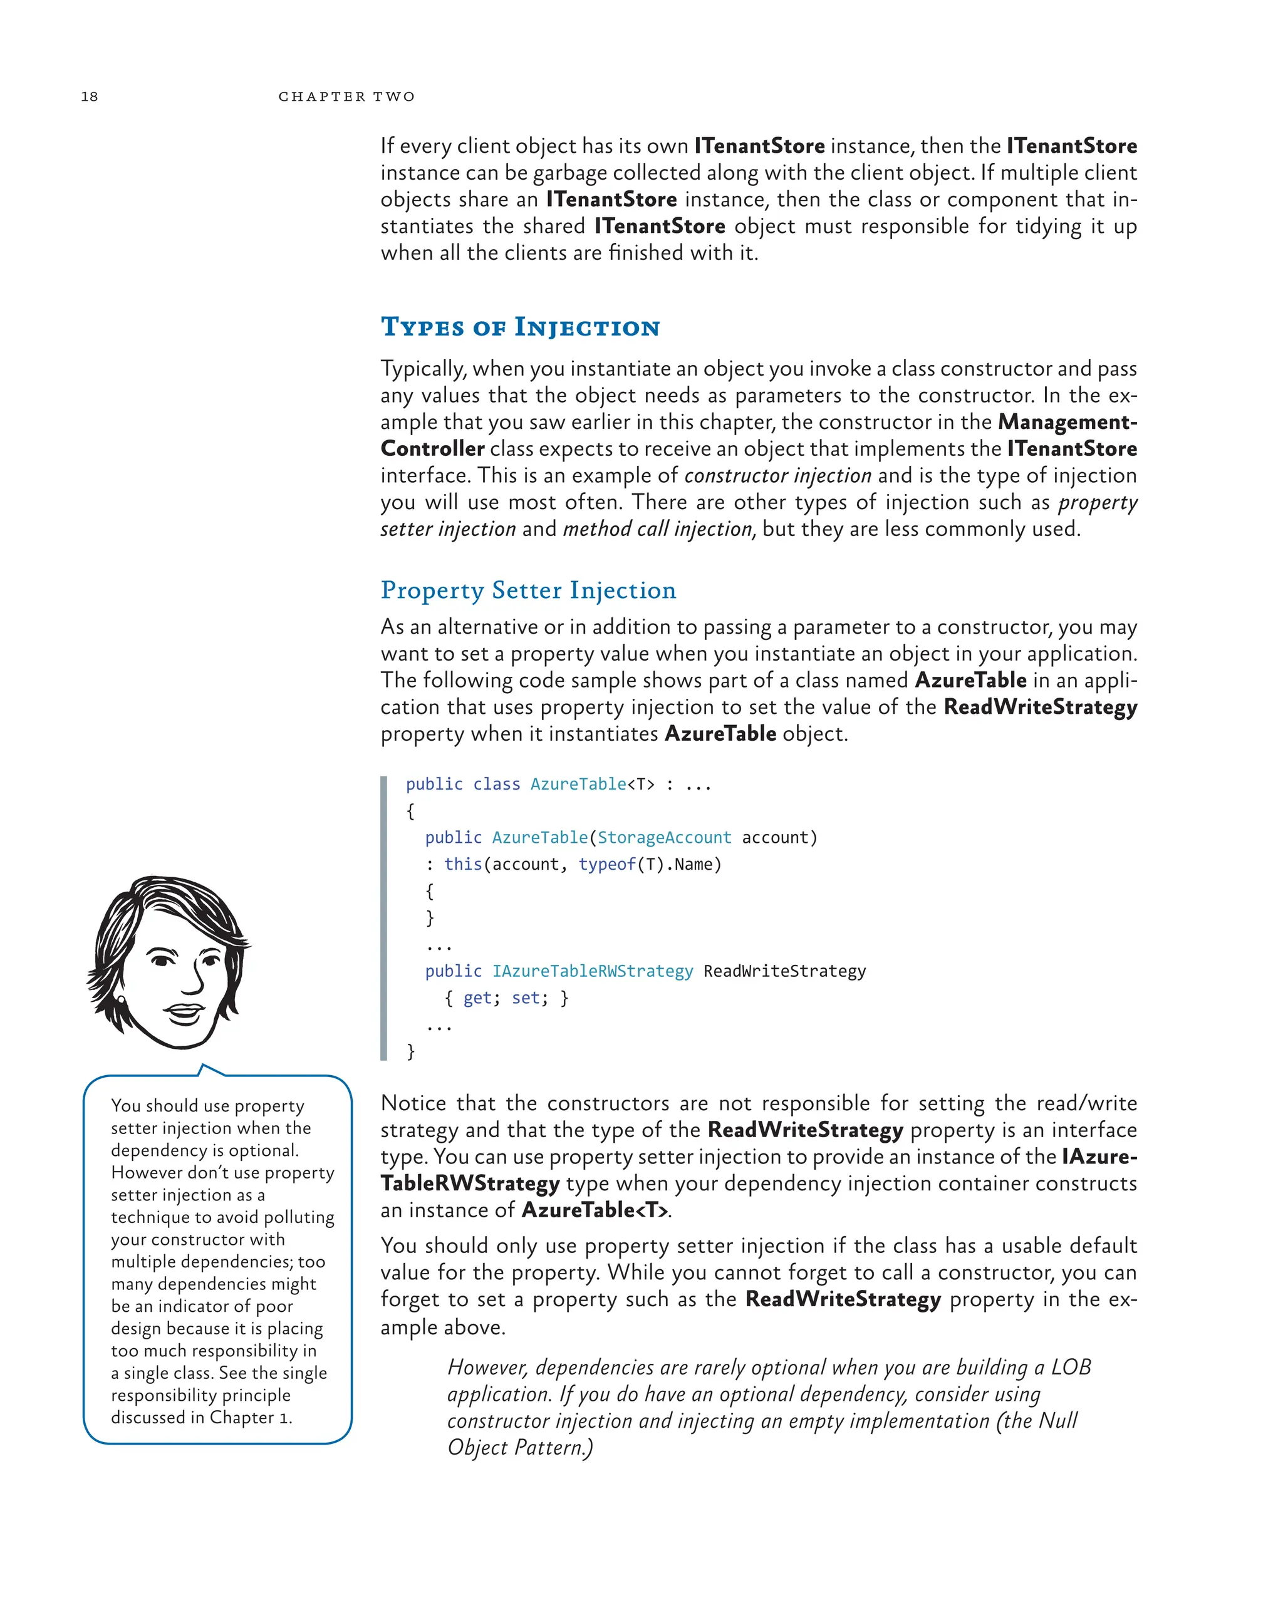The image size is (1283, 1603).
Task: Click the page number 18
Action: [89, 96]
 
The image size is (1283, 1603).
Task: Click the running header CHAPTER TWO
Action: [346, 96]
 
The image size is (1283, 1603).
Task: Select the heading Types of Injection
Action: [520, 327]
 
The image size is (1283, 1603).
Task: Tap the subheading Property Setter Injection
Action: [528, 590]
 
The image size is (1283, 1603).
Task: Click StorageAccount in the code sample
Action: [664, 838]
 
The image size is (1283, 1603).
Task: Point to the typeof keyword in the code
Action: [607, 865]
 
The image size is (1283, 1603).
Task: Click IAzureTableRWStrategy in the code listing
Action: [592, 972]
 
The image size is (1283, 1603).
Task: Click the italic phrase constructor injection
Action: [777, 476]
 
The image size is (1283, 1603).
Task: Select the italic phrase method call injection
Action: [658, 529]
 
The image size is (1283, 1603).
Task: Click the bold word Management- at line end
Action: [1067, 422]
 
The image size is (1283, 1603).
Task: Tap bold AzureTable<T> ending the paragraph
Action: [595, 1210]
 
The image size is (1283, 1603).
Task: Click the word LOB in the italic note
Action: [1071, 1368]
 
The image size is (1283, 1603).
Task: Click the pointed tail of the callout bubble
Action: [204, 1068]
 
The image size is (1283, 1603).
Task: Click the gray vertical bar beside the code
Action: [384, 918]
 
